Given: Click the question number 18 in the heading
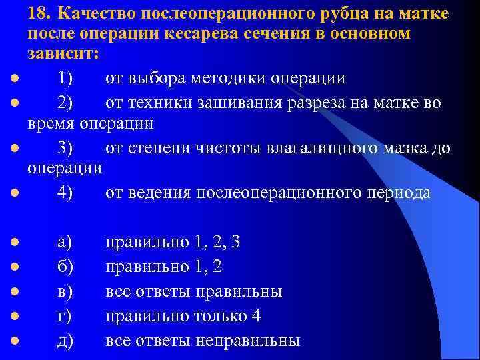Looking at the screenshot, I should click(38, 14).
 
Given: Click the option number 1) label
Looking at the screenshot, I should click(65, 78).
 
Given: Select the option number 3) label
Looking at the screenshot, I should click(66, 147).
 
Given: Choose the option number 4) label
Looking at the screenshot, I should click(66, 193).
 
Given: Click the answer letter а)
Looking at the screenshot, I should click(65, 242).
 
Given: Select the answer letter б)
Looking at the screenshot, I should click(65, 267).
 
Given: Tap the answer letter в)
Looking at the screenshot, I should click(65, 291).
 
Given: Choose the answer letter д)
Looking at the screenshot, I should click(65, 341).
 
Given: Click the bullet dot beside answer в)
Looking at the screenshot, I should click(14, 291).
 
